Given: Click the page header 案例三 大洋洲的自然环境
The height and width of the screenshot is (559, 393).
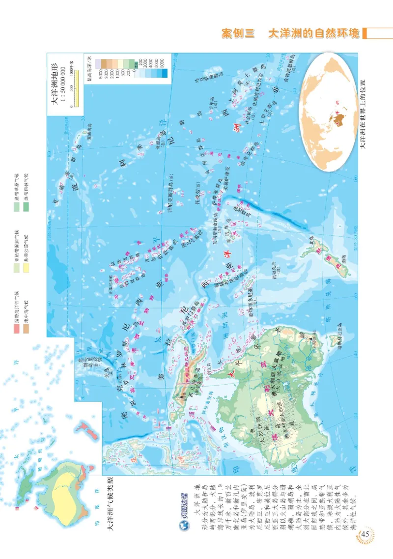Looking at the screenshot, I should [x=290, y=34].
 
